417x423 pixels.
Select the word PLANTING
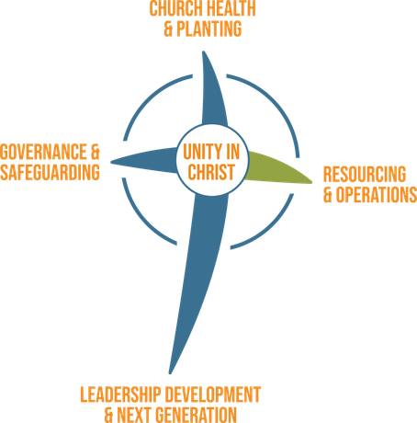(209, 29)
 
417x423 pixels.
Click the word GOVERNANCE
(44, 152)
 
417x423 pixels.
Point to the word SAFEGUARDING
(50, 172)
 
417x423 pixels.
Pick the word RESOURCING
(365, 175)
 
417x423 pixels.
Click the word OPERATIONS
(377, 195)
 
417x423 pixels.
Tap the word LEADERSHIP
(121, 394)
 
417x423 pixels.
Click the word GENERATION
(197, 415)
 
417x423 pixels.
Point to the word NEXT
(135, 415)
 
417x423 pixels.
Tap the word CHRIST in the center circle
(211, 172)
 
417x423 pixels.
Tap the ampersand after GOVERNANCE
(96, 152)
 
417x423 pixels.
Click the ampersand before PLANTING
(169, 29)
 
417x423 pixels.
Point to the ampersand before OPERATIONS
(328, 195)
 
